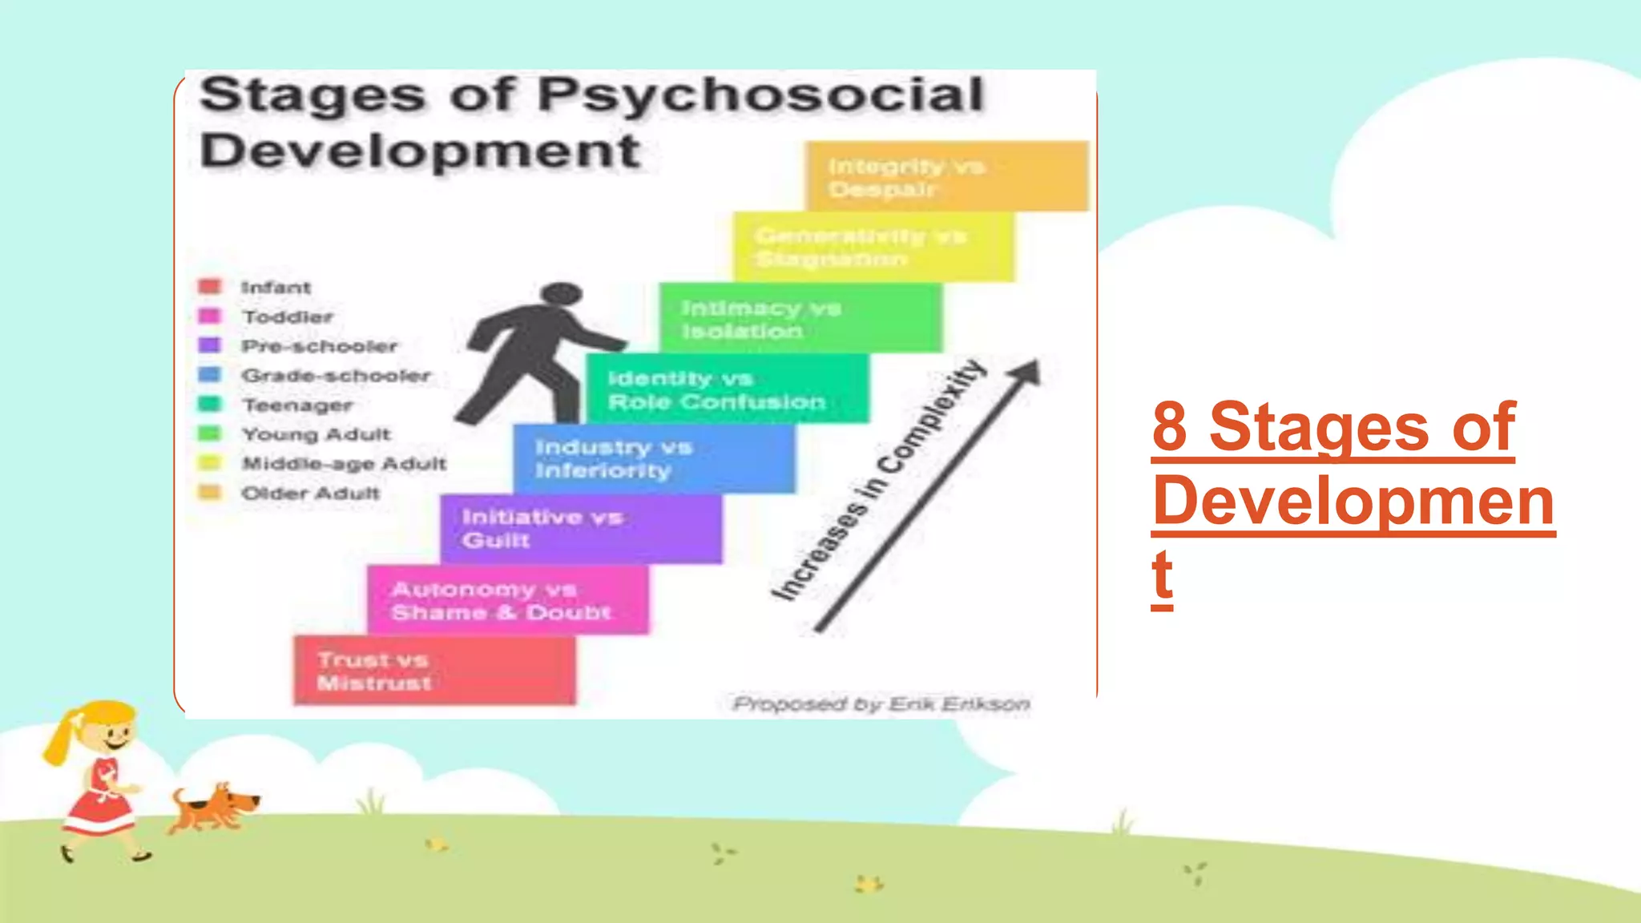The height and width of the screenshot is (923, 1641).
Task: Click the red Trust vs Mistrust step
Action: pos(434,671)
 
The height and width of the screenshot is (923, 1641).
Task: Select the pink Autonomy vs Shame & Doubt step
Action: pos(508,600)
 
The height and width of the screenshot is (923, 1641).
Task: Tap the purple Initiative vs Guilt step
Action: pos(580,529)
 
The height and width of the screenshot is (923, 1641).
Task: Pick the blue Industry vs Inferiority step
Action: pos(654,458)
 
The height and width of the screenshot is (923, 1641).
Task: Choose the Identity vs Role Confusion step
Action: pos(727,389)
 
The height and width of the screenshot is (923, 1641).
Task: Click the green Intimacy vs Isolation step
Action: pos(800,318)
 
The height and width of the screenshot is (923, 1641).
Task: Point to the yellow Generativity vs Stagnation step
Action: pos(873,248)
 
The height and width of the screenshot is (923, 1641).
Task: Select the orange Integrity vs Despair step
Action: pos(946,177)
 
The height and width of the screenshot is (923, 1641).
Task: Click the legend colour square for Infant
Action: pos(210,287)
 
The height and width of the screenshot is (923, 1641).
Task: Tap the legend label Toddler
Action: pos(288,317)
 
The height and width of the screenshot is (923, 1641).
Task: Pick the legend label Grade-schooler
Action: pos(336,376)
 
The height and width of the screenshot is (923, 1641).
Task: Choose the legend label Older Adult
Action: pos(311,494)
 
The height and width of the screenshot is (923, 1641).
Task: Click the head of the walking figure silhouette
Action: pos(561,294)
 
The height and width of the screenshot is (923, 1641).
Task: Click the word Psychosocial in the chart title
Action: pos(760,95)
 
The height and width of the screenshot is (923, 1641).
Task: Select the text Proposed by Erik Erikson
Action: pos(881,704)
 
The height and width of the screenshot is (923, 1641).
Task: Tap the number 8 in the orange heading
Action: pos(1170,426)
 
